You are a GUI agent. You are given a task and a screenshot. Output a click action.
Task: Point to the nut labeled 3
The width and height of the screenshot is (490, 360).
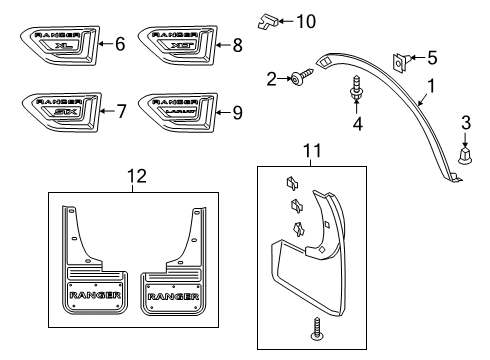coord(465,156)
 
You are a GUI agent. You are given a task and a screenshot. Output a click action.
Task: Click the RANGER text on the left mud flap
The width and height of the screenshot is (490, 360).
coord(95,297)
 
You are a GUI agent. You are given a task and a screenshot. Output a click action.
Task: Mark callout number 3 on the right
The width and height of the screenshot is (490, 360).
coord(465,122)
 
